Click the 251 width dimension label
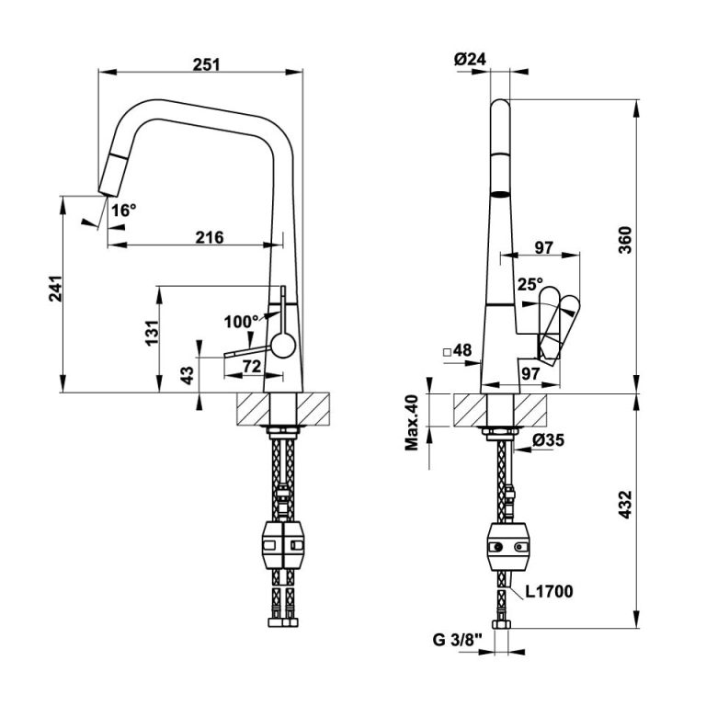coord(207,63)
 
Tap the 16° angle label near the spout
coord(123,210)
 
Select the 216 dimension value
coord(211,237)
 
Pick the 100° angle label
coord(242,322)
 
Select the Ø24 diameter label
coord(470,60)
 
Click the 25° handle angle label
coord(530,285)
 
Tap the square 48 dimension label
coord(457,350)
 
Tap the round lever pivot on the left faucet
coord(282,347)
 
